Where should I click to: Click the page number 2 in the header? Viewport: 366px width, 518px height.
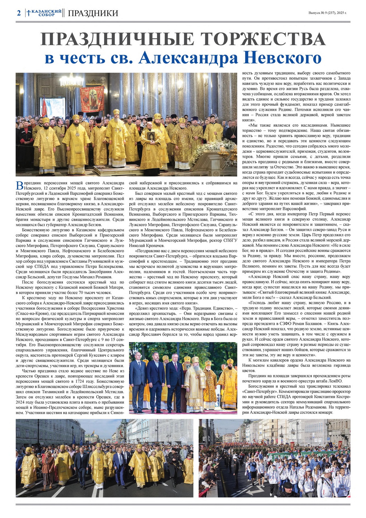coord(19,13)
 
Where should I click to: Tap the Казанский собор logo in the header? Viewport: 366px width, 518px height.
coord(44,13)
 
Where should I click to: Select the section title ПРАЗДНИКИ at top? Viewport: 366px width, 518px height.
coord(93,13)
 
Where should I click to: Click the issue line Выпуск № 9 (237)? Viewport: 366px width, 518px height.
coord(327,13)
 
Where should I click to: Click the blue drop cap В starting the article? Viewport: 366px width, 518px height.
coord(20,185)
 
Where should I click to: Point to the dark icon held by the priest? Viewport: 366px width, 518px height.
coord(151,136)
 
